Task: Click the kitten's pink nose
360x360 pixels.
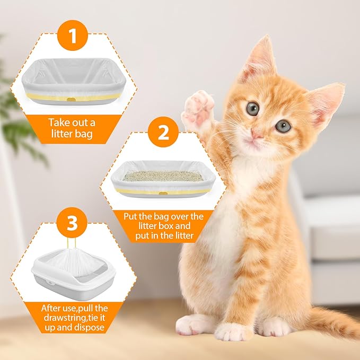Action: pyautogui.click(x=257, y=136)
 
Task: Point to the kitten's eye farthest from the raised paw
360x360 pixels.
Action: pyautogui.click(x=283, y=126)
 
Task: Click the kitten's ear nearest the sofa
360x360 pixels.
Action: pyautogui.click(x=324, y=102)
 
